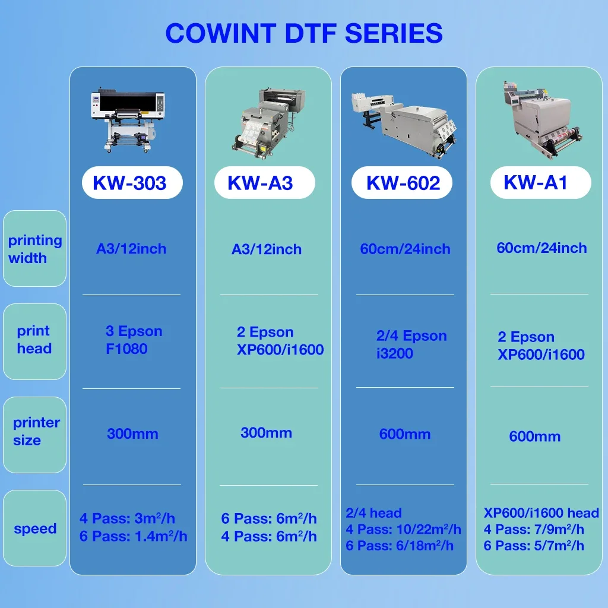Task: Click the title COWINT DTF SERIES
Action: coord(304,33)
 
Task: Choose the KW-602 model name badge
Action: coord(403,183)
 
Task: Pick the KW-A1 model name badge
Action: coord(536,182)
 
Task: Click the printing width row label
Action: coord(34,249)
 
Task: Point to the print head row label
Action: coord(34,340)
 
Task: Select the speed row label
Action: coord(35,528)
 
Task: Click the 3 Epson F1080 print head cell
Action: coord(134,340)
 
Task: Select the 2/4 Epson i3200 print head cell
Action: coord(411,344)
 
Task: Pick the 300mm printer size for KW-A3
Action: coord(266,433)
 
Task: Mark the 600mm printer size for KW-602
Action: coord(405,435)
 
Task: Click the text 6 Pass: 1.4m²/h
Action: coord(134,537)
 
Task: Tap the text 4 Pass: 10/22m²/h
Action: coord(403,529)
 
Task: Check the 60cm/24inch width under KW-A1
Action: coord(541,248)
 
